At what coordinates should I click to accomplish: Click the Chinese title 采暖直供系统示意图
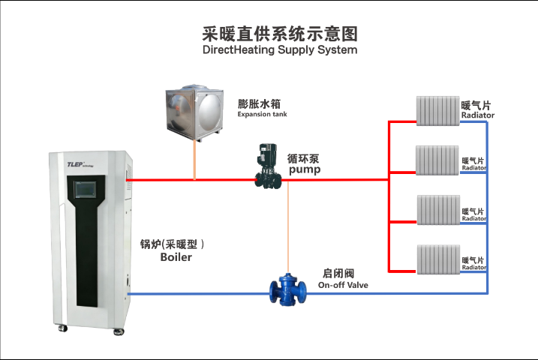(x=279, y=34)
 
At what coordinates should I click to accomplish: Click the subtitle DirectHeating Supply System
(x=279, y=50)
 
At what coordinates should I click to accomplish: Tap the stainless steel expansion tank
(x=194, y=111)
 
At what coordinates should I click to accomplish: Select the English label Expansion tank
(x=262, y=115)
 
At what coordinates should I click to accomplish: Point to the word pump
(x=305, y=170)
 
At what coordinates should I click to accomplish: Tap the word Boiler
(x=176, y=257)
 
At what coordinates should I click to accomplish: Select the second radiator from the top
(x=437, y=159)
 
